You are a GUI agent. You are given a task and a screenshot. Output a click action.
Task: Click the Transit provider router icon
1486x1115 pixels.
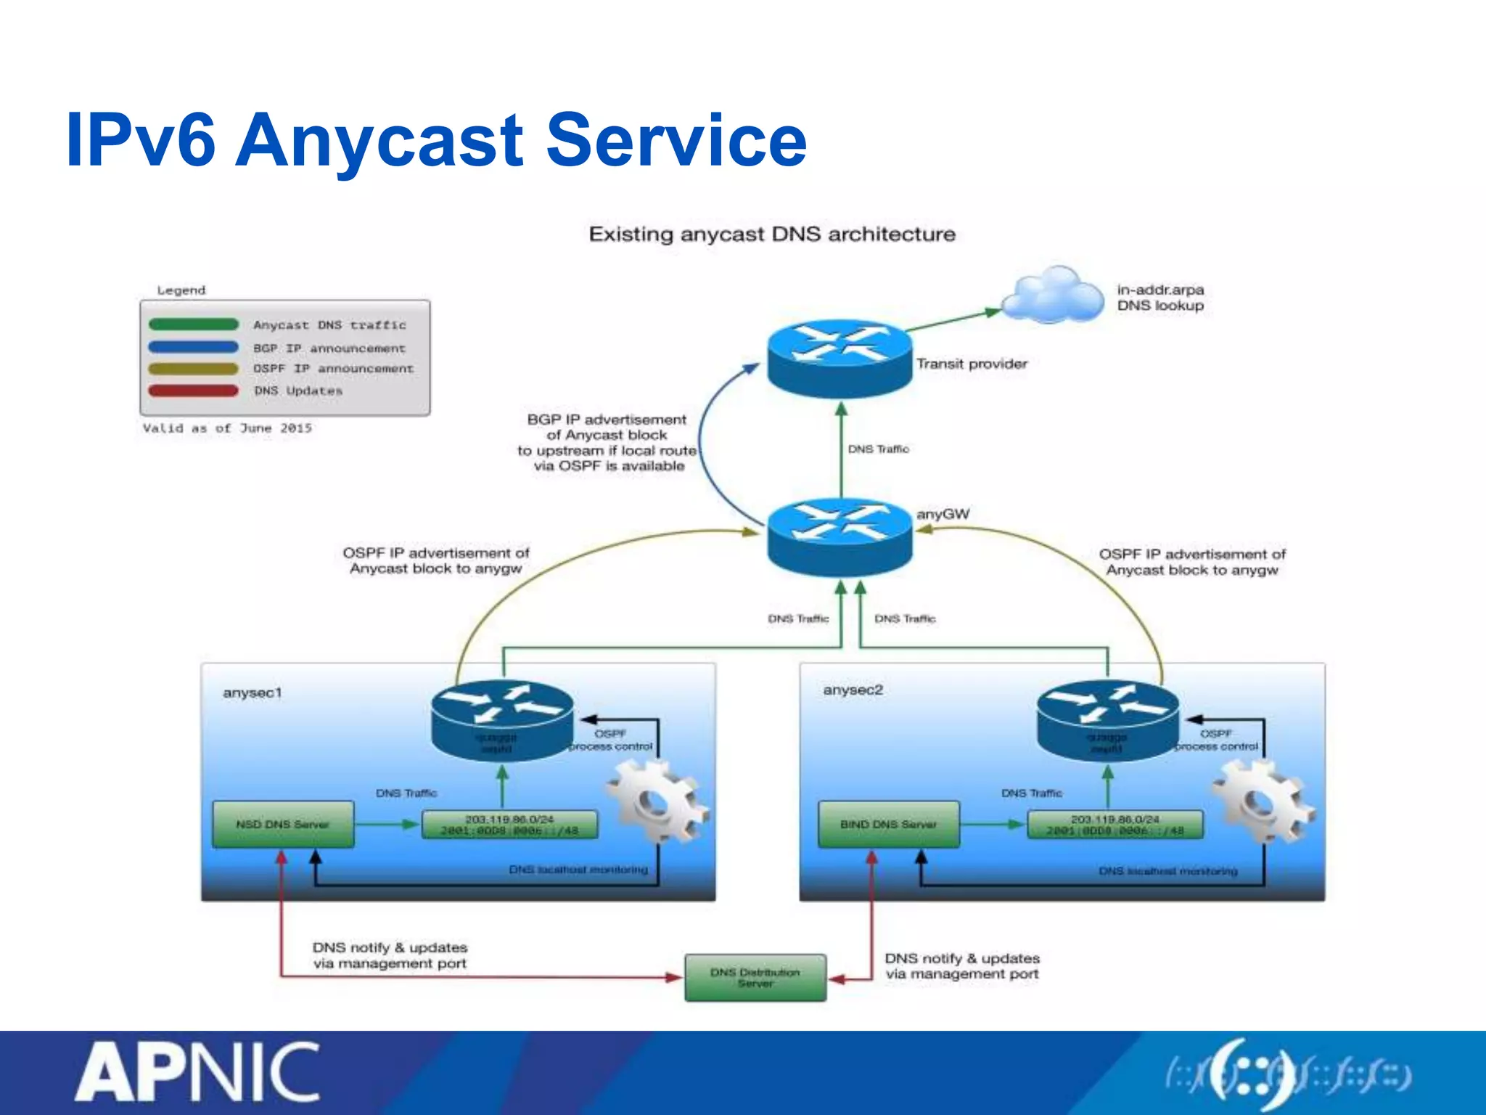[x=840, y=359]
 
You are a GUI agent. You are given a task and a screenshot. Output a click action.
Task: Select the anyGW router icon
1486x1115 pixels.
[x=840, y=536]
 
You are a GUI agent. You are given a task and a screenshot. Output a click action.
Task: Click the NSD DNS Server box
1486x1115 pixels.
[x=283, y=824]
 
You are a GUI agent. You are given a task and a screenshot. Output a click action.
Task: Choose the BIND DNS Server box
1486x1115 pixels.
[x=888, y=824]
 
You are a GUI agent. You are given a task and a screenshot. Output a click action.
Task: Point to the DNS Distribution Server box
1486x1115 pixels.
[x=755, y=977]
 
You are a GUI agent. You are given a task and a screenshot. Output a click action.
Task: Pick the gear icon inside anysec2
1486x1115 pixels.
[x=1260, y=801]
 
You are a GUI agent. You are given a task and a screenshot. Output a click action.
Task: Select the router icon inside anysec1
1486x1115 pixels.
[x=502, y=719]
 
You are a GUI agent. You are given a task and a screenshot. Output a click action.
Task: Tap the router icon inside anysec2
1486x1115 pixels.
[x=1107, y=719]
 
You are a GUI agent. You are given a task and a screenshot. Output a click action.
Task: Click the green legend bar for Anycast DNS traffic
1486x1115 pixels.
[x=193, y=324]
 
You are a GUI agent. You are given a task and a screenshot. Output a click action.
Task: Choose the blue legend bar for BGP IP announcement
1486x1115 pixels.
[x=193, y=347]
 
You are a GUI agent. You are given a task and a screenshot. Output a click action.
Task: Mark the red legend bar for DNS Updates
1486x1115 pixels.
[x=193, y=391]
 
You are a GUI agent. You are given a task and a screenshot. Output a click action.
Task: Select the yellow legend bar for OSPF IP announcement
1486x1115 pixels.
[x=193, y=369]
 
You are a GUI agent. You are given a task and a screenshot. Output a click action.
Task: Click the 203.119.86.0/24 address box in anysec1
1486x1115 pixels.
[x=510, y=825]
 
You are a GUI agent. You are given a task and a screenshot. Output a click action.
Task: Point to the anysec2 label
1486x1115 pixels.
[x=853, y=690]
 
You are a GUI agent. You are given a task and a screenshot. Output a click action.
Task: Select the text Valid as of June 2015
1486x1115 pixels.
[x=227, y=428]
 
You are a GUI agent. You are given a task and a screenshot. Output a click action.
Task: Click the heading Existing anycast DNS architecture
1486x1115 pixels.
[x=772, y=234]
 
